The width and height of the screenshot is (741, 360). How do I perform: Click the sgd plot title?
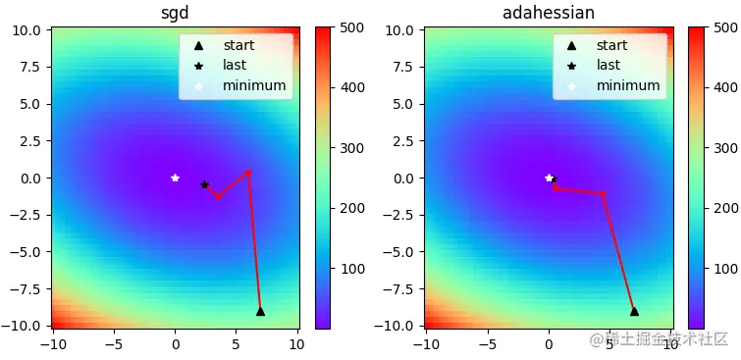(175, 13)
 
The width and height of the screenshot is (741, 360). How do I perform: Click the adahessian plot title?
(549, 13)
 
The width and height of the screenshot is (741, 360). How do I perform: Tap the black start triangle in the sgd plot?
(260, 311)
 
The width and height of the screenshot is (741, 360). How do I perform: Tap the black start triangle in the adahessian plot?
(634, 311)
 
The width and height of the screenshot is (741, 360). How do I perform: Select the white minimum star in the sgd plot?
(176, 178)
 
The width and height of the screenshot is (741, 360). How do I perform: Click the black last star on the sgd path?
(205, 184)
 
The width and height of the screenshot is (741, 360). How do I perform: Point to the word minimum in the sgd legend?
(254, 85)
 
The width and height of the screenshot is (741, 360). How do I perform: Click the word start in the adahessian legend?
(611, 45)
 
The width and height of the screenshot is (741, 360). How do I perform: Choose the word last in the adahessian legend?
(609, 65)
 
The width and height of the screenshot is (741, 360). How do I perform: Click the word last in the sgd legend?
(235, 65)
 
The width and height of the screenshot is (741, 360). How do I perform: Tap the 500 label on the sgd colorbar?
(352, 28)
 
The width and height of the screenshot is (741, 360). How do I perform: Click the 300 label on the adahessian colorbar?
(726, 148)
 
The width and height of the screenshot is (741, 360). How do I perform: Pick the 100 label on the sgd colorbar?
(352, 268)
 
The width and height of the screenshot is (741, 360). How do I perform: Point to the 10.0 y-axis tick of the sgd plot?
(26, 29)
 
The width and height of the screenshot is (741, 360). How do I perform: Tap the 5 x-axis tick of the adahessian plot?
(610, 344)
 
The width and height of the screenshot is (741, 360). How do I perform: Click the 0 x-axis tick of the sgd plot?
(176, 344)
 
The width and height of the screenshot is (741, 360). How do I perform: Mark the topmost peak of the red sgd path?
(248, 172)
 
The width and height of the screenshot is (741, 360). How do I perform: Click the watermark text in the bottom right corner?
(658, 339)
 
